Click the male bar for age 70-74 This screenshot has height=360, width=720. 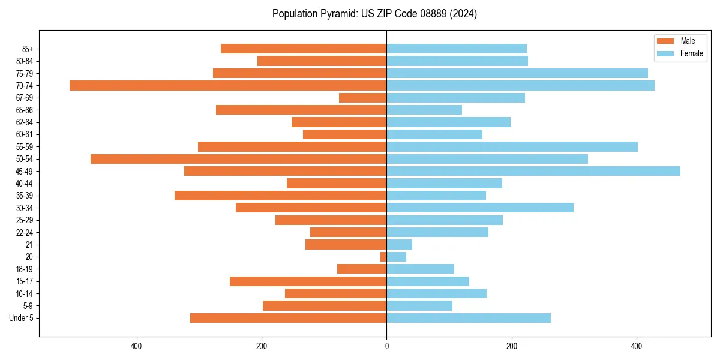(x=228, y=85)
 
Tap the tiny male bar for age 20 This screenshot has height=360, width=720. (x=383, y=257)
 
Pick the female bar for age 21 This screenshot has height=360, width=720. (x=399, y=244)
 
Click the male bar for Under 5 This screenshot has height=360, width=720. (x=288, y=318)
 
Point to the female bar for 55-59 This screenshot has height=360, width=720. (x=512, y=146)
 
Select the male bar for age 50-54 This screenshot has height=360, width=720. (x=238, y=159)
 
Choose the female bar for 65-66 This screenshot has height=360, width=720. (x=424, y=110)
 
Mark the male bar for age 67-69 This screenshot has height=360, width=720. (x=362, y=97)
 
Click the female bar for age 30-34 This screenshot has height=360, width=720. (x=480, y=208)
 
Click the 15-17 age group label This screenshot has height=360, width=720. (x=25, y=281)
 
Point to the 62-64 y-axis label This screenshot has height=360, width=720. (x=25, y=122)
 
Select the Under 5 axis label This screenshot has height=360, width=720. (x=22, y=318)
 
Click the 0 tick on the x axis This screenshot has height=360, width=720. (x=386, y=346)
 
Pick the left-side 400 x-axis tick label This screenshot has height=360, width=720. (x=136, y=346)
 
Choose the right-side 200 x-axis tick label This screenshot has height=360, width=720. (x=511, y=346)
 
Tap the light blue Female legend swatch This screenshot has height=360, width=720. (x=665, y=53)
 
